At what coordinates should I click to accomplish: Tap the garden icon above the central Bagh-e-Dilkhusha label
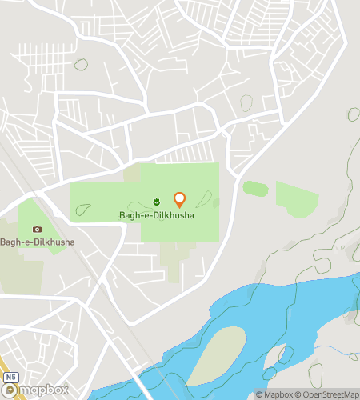coord(157,200)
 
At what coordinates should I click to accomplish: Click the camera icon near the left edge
coord(37,230)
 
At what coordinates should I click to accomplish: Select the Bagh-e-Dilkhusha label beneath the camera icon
coord(38,242)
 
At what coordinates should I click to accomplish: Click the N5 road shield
coord(10,376)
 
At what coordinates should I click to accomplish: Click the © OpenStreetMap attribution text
coord(327,394)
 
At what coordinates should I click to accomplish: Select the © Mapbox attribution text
coord(274,394)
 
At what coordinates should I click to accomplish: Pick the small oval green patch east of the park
coord(255,189)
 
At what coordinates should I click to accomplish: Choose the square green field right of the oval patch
coord(296,198)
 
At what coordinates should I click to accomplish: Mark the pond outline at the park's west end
coord(82,210)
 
